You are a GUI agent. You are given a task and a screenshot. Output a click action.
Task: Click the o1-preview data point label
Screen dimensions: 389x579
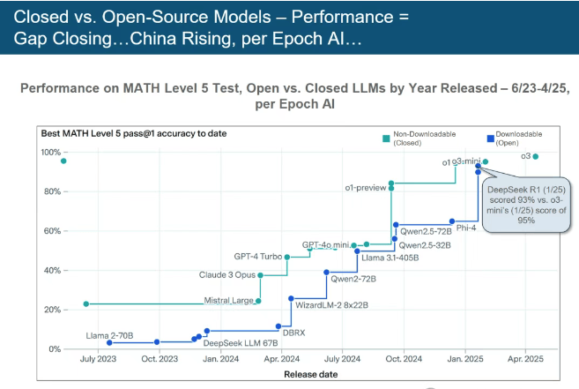(366, 188)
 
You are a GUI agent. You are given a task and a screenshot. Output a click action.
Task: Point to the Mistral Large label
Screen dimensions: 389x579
(228, 301)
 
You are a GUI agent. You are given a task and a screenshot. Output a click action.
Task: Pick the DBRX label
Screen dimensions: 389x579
(293, 332)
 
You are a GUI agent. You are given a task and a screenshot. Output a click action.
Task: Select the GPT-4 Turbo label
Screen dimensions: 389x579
(258, 257)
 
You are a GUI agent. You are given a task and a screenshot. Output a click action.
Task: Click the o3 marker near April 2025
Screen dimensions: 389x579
(536, 156)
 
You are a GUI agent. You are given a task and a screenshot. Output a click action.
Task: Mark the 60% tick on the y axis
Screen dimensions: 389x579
(52, 231)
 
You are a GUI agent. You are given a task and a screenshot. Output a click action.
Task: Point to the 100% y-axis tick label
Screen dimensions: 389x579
(50, 152)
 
